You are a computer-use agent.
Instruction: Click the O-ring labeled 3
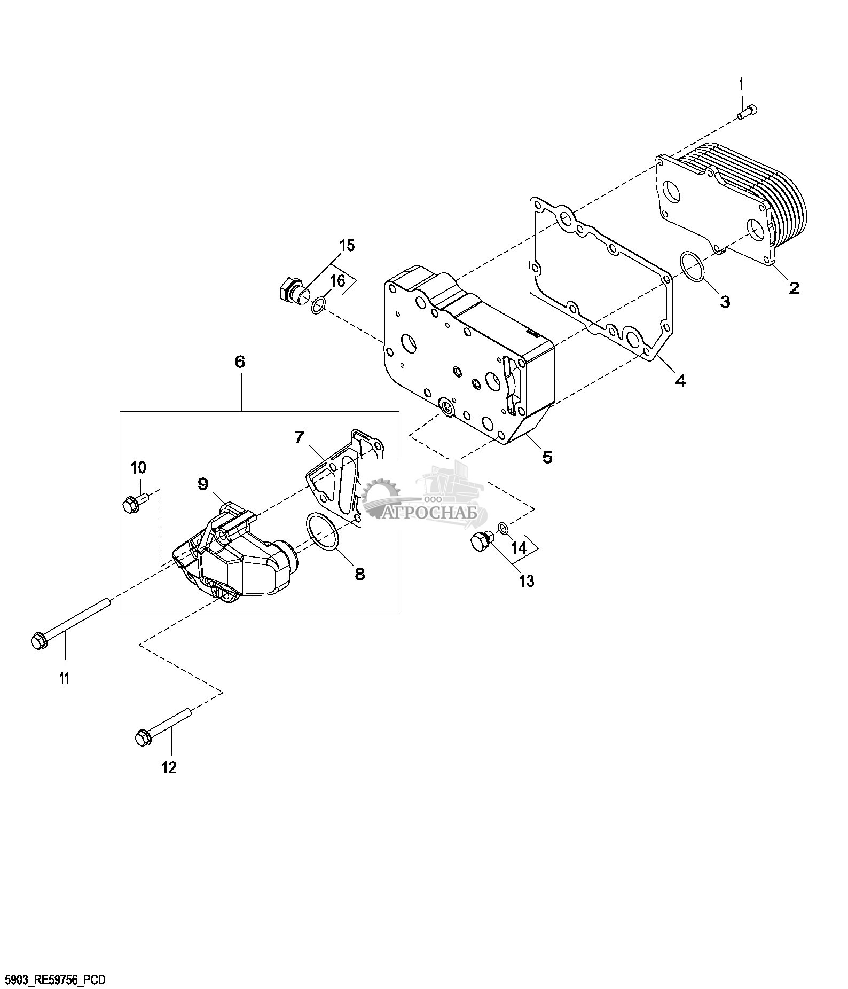(x=694, y=267)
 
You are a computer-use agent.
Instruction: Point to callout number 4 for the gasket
(x=680, y=381)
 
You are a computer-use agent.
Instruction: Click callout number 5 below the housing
(x=547, y=457)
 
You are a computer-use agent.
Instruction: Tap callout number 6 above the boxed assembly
(x=240, y=362)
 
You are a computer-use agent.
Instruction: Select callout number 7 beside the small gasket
(x=299, y=438)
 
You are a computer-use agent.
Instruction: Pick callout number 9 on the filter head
(x=202, y=484)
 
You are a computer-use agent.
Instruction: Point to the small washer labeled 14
(x=503, y=528)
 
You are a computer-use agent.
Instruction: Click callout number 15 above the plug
(x=347, y=246)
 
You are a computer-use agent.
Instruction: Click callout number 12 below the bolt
(x=168, y=768)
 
